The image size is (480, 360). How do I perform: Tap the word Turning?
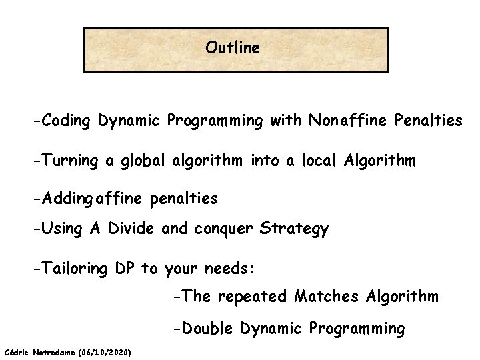tap(67, 161)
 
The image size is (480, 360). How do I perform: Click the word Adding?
tap(67, 199)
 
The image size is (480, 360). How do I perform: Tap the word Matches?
tap(329, 296)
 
